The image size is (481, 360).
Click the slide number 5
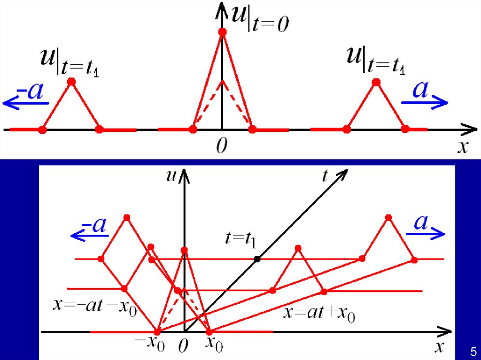tap(473, 351)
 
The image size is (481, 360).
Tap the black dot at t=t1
tap(257, 259)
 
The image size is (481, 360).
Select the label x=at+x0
tap(319, 314)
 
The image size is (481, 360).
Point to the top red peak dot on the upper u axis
tap(223, 32)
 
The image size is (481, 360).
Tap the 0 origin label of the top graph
tap(222, 147)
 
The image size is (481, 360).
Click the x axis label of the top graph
tap(463, 147)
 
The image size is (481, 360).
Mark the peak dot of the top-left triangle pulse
tap(71, 82)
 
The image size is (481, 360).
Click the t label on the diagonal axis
tap(326, 176)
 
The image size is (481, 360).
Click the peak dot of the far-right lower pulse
tap(388, 217)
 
